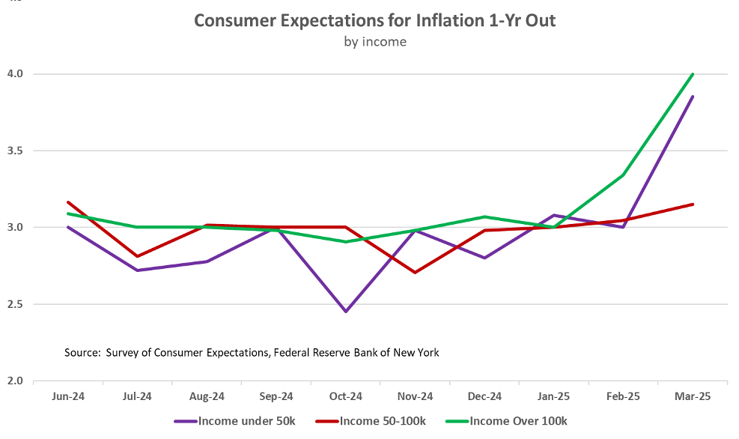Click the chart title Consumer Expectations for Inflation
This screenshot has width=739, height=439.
pyautogui.click(x=374, y=20)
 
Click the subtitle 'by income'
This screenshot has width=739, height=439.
pyautogui.click(x=374, y=42)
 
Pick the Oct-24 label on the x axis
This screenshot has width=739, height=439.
pyautogui.click(x=346, y=396)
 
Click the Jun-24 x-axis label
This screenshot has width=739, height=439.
pyautogui.click(x=68, y=396)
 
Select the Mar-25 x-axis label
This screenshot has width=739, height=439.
pyautogui.click(x=692, y=396)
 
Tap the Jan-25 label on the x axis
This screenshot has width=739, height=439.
pyautogui.click(x=553, y=396)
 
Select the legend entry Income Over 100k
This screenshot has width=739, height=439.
pyautogui.click(x=525, y=421)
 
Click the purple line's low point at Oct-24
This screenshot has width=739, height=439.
pyautogui.click(x=346, y=312)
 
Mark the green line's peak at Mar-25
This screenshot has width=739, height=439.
pyautogui.click(x=693, y=74)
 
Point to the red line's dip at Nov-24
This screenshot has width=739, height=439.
pyautogui.click(x=415, y=273)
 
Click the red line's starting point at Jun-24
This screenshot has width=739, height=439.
pyautogui.click(x=68, y=202)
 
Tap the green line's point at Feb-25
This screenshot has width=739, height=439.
pyautogui.click(x=623, y=175)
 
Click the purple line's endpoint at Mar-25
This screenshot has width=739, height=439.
pyautogui.click(x=693, y=97)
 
